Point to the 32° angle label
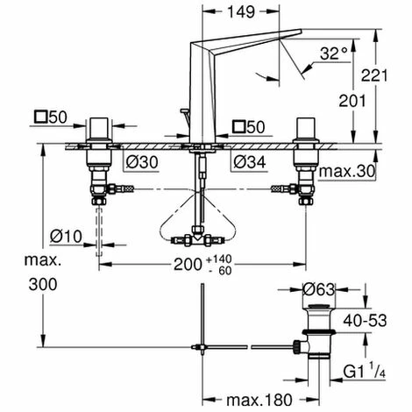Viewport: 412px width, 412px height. click(x=330, y=53)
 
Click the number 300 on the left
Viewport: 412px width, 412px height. click(x=20, y=285)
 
